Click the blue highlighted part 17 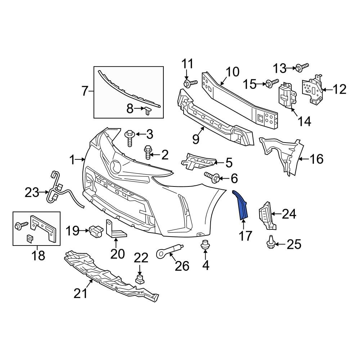pyautogui.click(x=242, y=205)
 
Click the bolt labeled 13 pyautogui.click(x=302, y=67)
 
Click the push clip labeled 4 pyautogui.click(x=205, y=245)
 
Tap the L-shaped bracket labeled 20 pyautogui.click(x=114, y=230)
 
